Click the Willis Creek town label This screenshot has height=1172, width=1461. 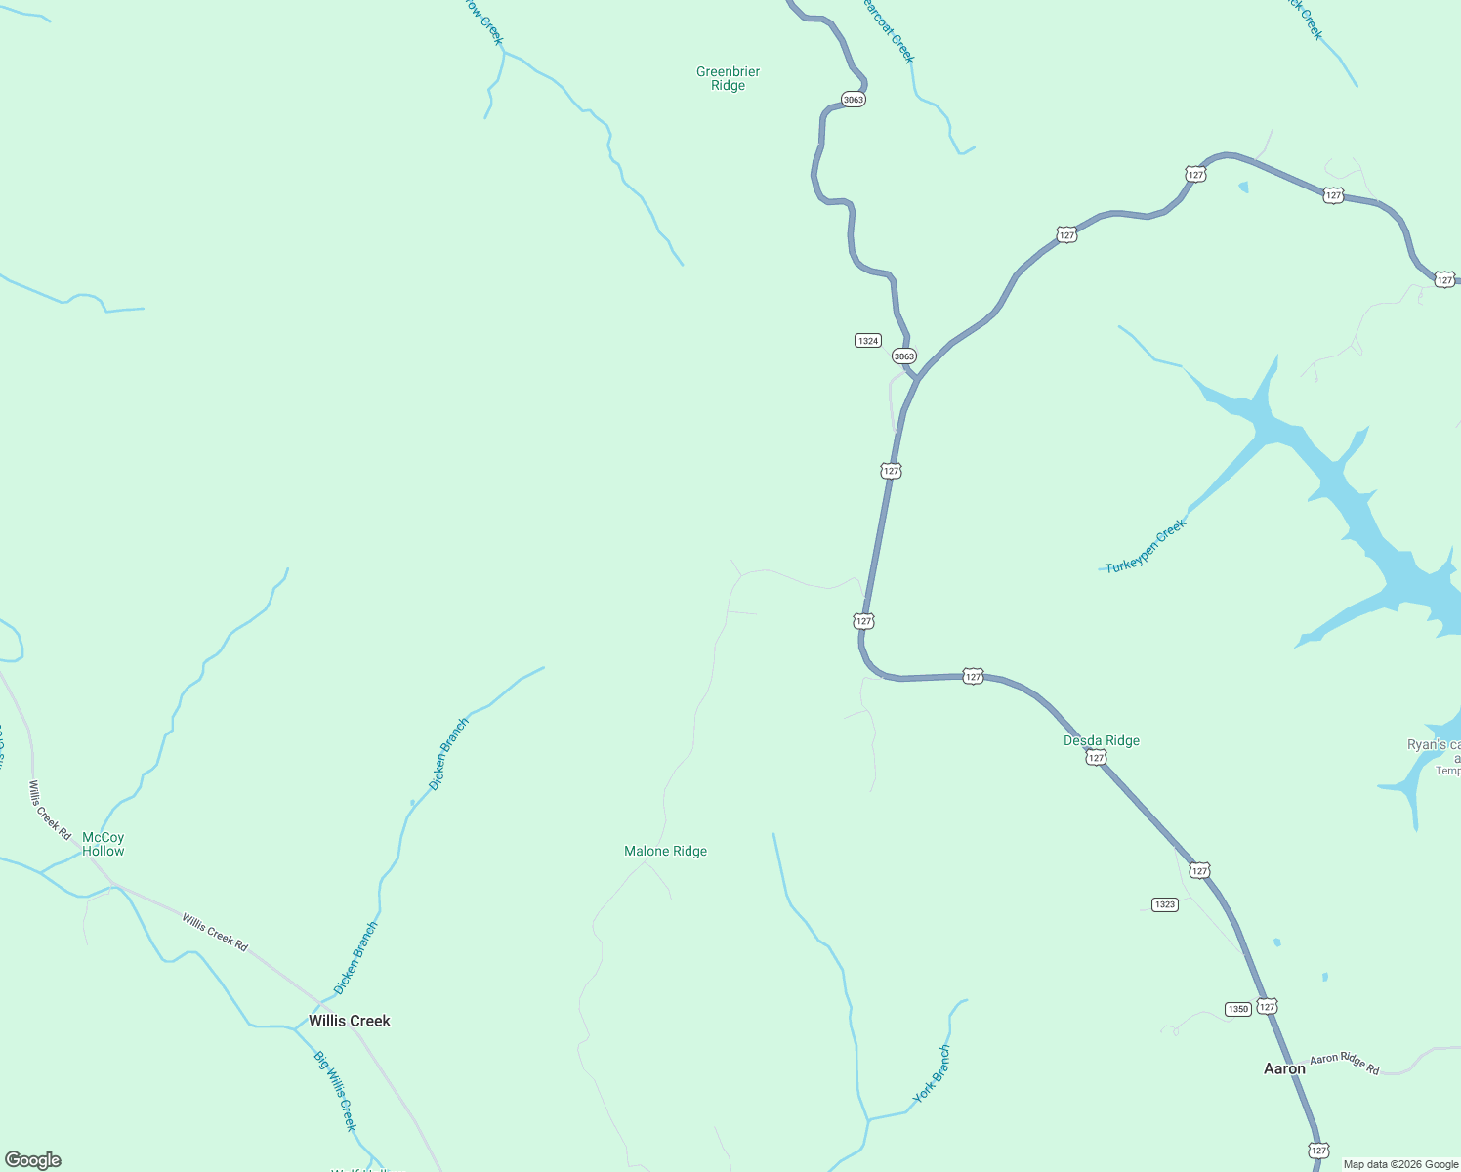(350, 1021)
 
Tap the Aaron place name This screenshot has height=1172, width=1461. (1284, 1068)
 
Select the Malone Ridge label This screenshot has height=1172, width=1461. (665, 851)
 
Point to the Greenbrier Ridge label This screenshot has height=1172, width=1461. (728, 78)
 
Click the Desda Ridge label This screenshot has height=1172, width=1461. (1102, 740)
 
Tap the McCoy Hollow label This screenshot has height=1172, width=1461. (104, 844)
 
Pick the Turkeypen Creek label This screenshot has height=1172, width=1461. (1147, 545)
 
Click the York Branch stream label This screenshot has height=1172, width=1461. (932, 1074)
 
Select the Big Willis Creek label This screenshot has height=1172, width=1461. (335, 1090)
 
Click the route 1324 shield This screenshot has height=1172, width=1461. (868, 341)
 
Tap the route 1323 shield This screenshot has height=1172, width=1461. (1165, 904)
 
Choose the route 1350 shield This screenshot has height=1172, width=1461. (1238, 1009)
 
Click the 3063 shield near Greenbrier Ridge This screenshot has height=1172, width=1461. (853, 100)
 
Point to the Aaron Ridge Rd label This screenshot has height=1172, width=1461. (1345, 1064)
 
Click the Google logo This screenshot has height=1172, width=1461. (33, 1160)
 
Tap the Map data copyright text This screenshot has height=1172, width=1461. (1400, 1164)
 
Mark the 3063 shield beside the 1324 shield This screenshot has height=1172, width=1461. (904, 356)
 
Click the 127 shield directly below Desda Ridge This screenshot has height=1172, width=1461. (1096, 759)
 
